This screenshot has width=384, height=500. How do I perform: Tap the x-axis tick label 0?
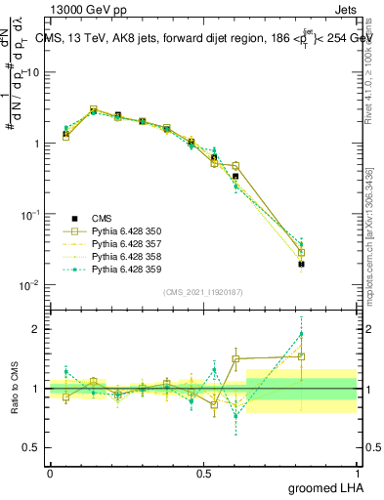tap(50, 472)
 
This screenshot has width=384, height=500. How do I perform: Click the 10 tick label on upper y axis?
tap(31, 73)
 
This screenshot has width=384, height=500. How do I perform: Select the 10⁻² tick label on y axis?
tap(29, 285)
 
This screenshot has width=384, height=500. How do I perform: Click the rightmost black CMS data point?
tap(301, 264)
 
